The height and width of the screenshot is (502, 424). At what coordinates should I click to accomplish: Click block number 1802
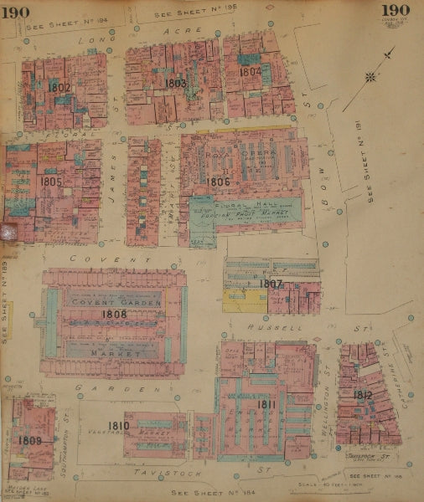59,87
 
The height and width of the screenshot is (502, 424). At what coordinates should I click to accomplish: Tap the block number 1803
175,84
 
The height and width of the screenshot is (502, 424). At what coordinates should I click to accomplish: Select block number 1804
251,72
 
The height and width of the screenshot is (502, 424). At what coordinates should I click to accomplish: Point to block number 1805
51,180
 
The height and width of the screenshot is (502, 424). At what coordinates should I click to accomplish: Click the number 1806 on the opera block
218,181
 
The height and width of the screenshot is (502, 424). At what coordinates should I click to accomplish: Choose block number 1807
271,284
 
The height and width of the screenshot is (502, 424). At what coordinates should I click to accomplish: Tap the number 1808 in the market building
114,314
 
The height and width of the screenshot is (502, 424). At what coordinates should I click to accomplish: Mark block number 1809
30,440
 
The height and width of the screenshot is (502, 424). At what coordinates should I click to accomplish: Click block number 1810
118,426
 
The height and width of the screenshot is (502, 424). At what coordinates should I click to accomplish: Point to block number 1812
362,395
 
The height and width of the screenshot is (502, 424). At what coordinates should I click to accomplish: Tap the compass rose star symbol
370,79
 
